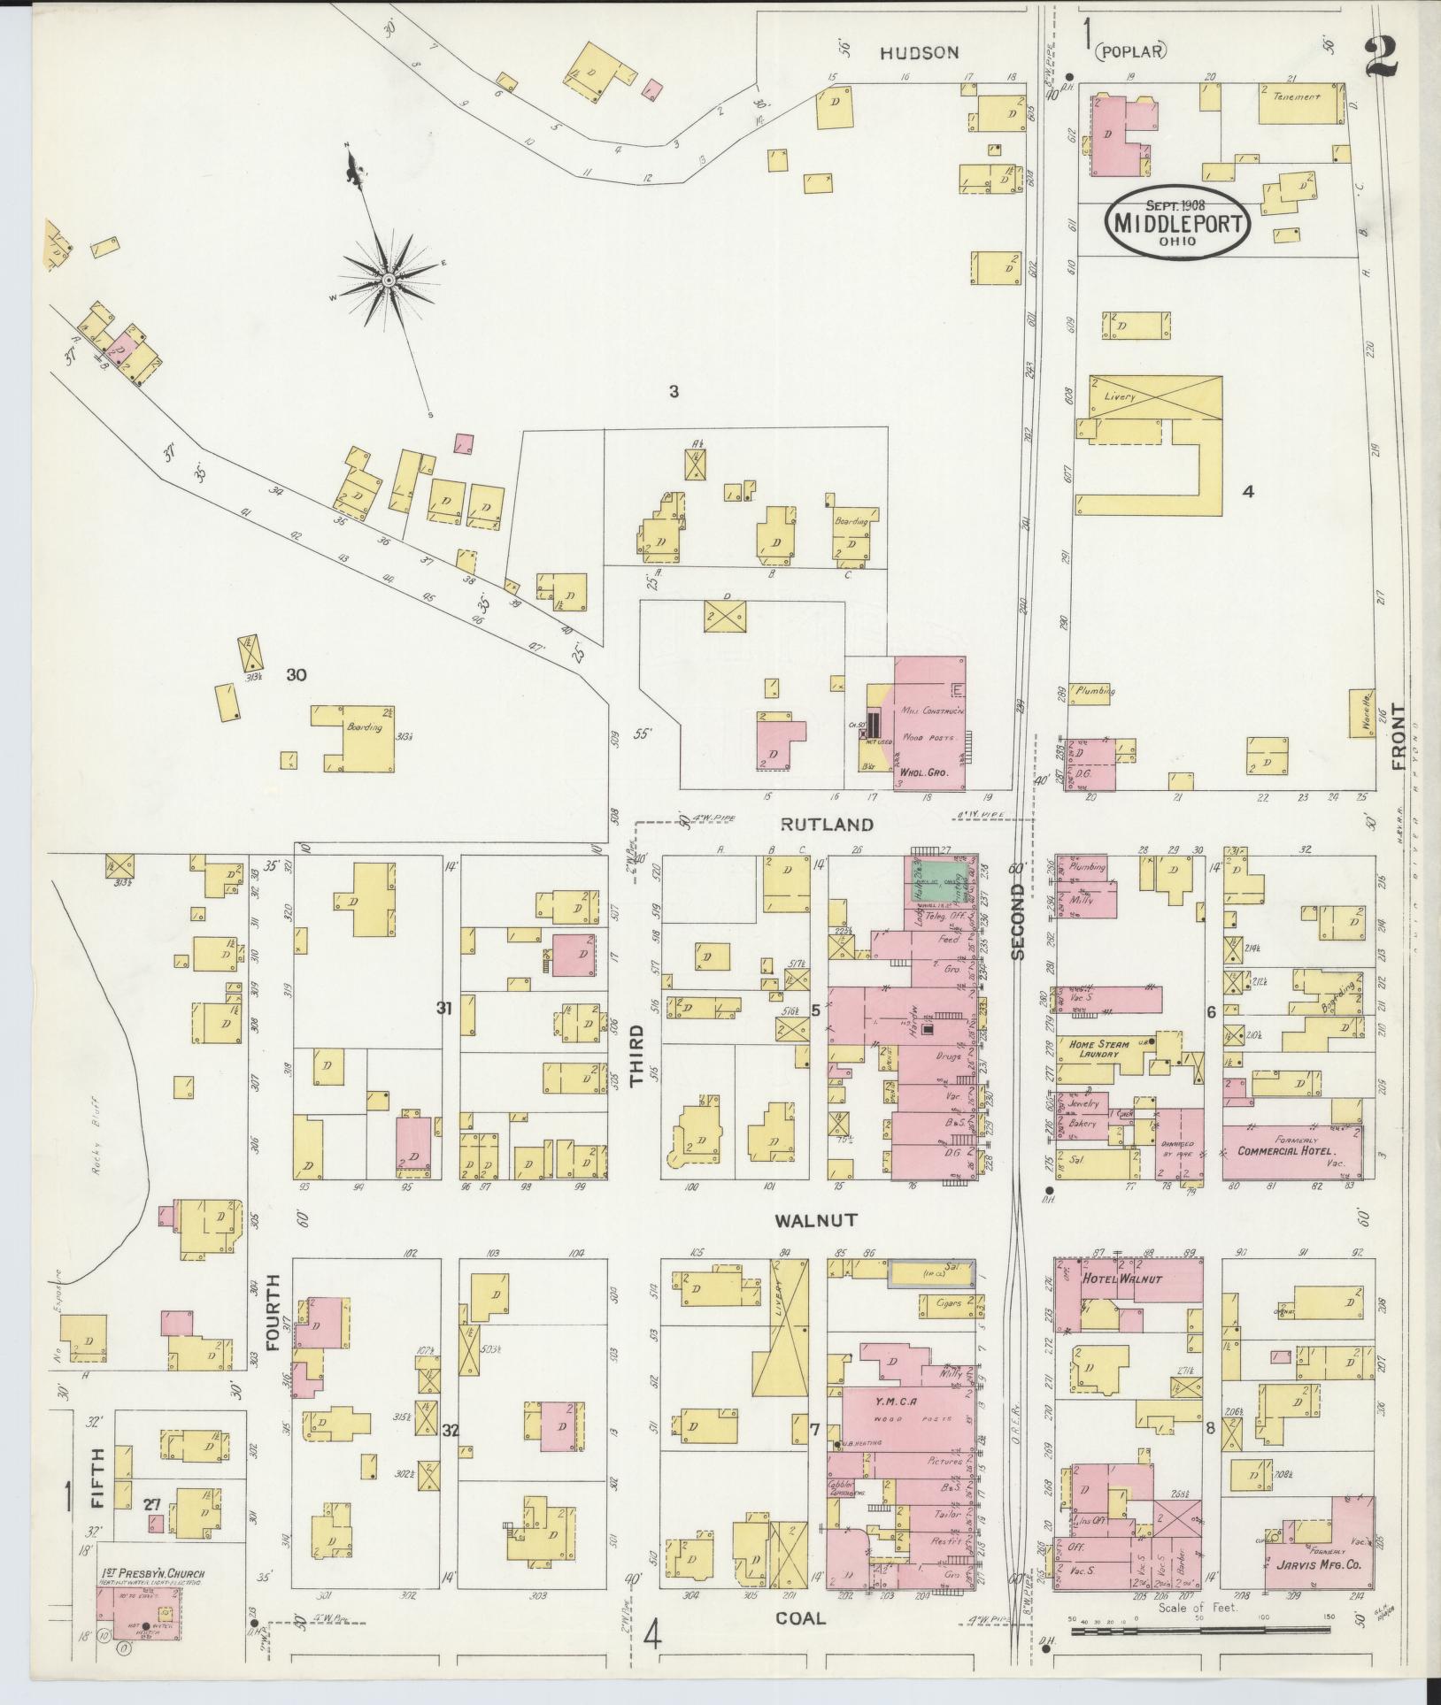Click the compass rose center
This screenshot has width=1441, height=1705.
click(388, 280)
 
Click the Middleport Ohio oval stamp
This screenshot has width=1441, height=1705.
click(1176, 222)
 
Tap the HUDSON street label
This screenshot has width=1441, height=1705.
click(919, 53)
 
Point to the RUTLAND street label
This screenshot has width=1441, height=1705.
click(827, 825)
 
